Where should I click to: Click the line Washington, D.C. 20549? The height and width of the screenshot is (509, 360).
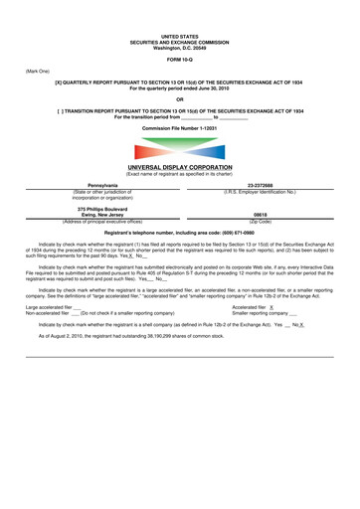[x=179, y=21]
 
